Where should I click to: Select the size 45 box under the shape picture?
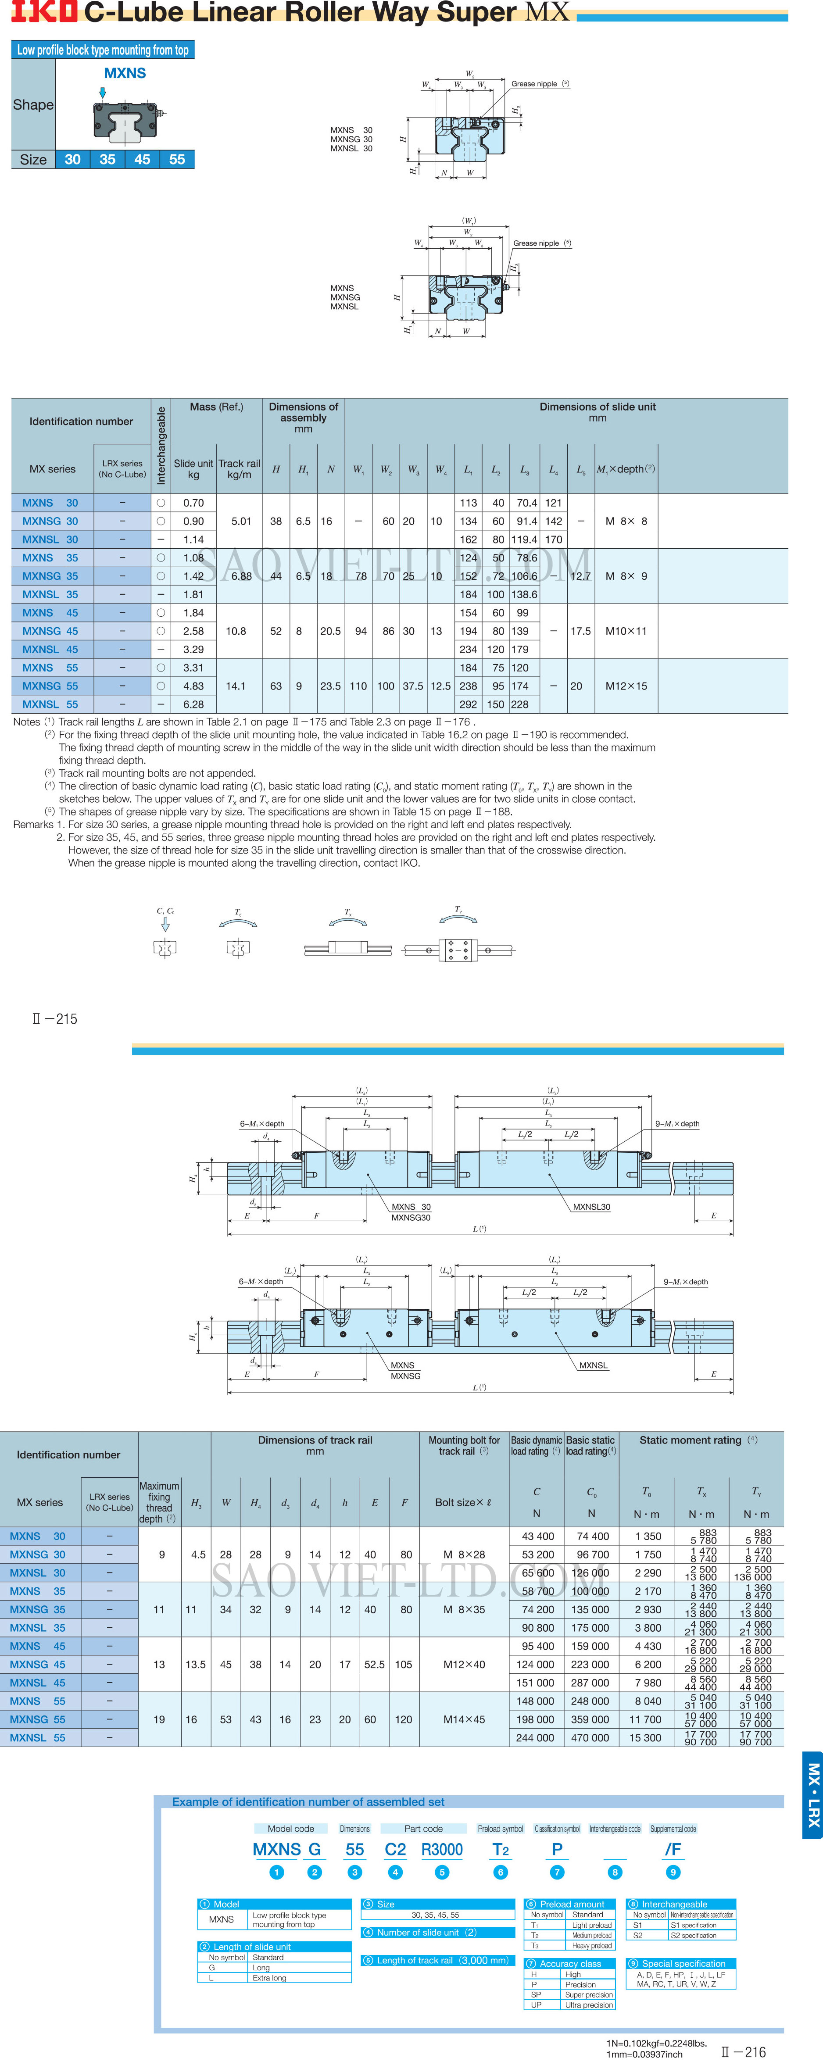(142, 159)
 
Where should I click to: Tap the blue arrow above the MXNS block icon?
(102, 93)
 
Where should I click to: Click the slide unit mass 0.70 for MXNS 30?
(193, 503)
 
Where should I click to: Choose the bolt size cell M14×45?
(464, 1719)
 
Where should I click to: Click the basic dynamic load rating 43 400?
(537, 1536)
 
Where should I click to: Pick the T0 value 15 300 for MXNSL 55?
(646, 1737)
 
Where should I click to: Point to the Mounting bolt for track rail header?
(464, 1446)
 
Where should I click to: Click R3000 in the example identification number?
(442, 1849)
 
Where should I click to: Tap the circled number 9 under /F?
(673, 1872)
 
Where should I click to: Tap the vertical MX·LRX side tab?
(812, 1795)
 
